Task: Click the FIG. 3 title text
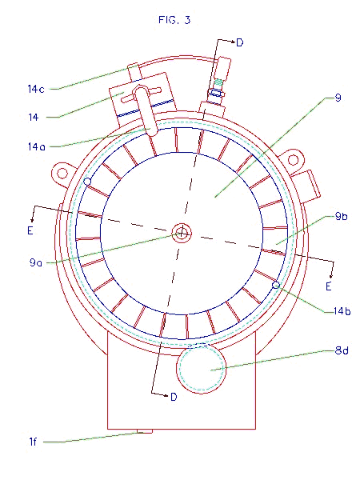[x=174, y=20]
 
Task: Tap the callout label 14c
[x=36, y=89]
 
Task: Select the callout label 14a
[x=37, y=146]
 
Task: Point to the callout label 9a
[x=35, y=262]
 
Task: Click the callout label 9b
[x=342, y=216]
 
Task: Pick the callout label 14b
[x=342, y=311]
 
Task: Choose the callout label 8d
[x=342, y=350]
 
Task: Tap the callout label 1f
[x=33, y=442]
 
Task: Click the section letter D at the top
[x=240, y=42]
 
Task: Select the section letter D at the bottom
[x=174, y=397]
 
